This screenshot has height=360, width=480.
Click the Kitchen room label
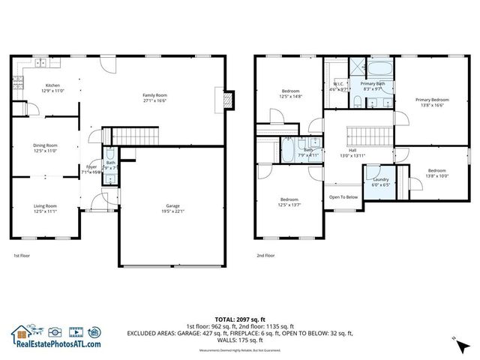click(x=52, y=85)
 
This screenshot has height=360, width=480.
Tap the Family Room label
click(x=155, y=95)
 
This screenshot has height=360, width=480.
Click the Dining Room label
click(x=45, y=145)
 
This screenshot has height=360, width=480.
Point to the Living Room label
click(x=45, y=206)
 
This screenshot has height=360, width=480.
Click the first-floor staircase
click(x=136, y=136)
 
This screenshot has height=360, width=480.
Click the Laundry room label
click(x=379, y=179)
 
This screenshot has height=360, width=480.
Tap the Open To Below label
click(x=343, y=197)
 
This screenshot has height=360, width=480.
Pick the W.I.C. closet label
click(x=339, y=84)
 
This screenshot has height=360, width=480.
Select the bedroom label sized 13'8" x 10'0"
click(x=436, y=171)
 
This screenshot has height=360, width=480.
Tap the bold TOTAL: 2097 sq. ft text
click(x=240, y=319)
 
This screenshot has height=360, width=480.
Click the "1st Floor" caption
click(x=21, y=255)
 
